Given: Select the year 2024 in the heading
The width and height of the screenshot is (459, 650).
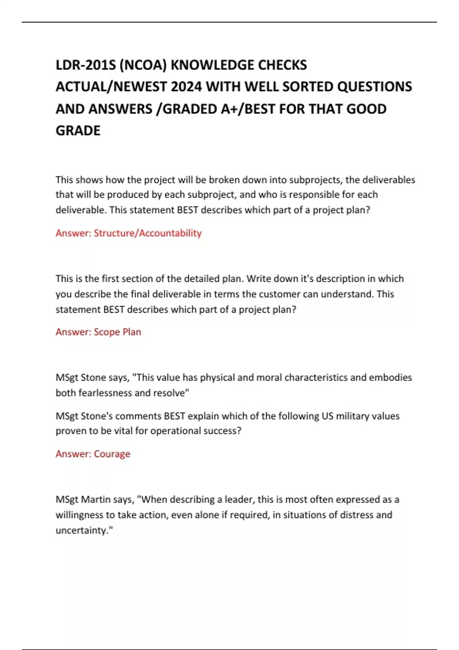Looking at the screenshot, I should (x=186, y=87).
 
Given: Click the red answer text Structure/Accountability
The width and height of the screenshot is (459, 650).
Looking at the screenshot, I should (x=148, y=233).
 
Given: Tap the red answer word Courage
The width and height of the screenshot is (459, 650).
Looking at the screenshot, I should (x=112, y=454).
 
